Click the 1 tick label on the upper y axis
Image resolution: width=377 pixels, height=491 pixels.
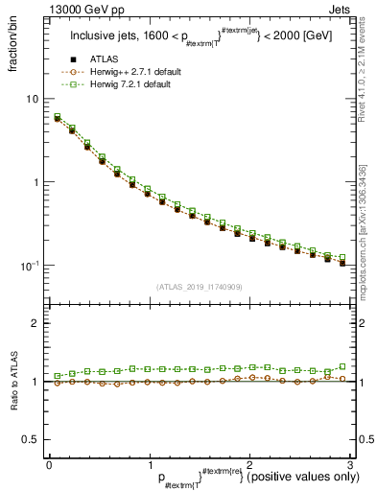tap(36, 182)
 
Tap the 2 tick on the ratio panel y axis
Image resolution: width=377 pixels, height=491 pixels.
tap(36, 323)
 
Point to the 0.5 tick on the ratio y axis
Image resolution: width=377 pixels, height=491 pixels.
tap(32, 439)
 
